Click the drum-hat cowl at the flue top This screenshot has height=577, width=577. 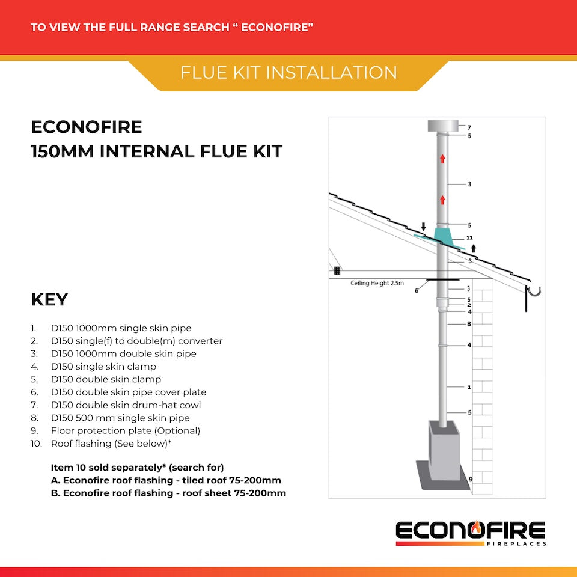(442, 127)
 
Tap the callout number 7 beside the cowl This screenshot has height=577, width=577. (469, 127)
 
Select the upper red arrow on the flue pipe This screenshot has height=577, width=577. (442, 159)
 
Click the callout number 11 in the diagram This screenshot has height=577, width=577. (469, 238)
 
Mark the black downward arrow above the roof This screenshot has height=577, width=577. (423, 227)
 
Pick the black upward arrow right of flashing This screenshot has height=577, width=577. (474, 248)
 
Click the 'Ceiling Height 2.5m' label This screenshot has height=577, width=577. (376, 282)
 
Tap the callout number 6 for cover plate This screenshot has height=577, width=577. (416, 290)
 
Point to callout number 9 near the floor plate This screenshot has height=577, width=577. (470, 479)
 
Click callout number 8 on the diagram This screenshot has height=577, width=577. (469, 324)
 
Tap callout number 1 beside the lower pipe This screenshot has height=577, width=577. (469, 387)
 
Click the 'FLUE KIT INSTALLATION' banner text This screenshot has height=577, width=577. (288, 73)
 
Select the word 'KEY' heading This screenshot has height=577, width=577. (49, 299)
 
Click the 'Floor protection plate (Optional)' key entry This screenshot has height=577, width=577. (125, 430)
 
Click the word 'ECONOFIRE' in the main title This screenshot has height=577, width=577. (87, 127)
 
